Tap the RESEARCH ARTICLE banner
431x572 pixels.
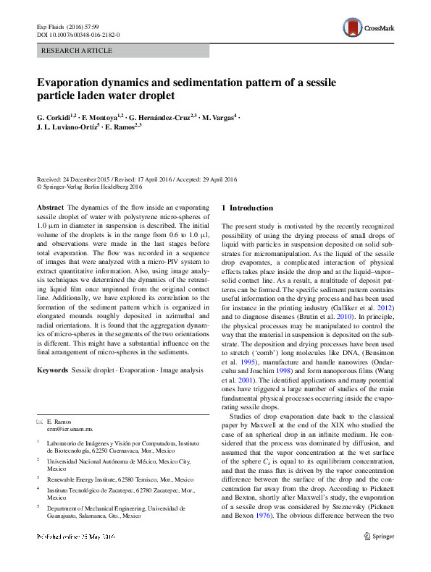[x=78, y=51]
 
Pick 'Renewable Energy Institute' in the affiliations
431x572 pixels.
[x=83, y=479]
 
